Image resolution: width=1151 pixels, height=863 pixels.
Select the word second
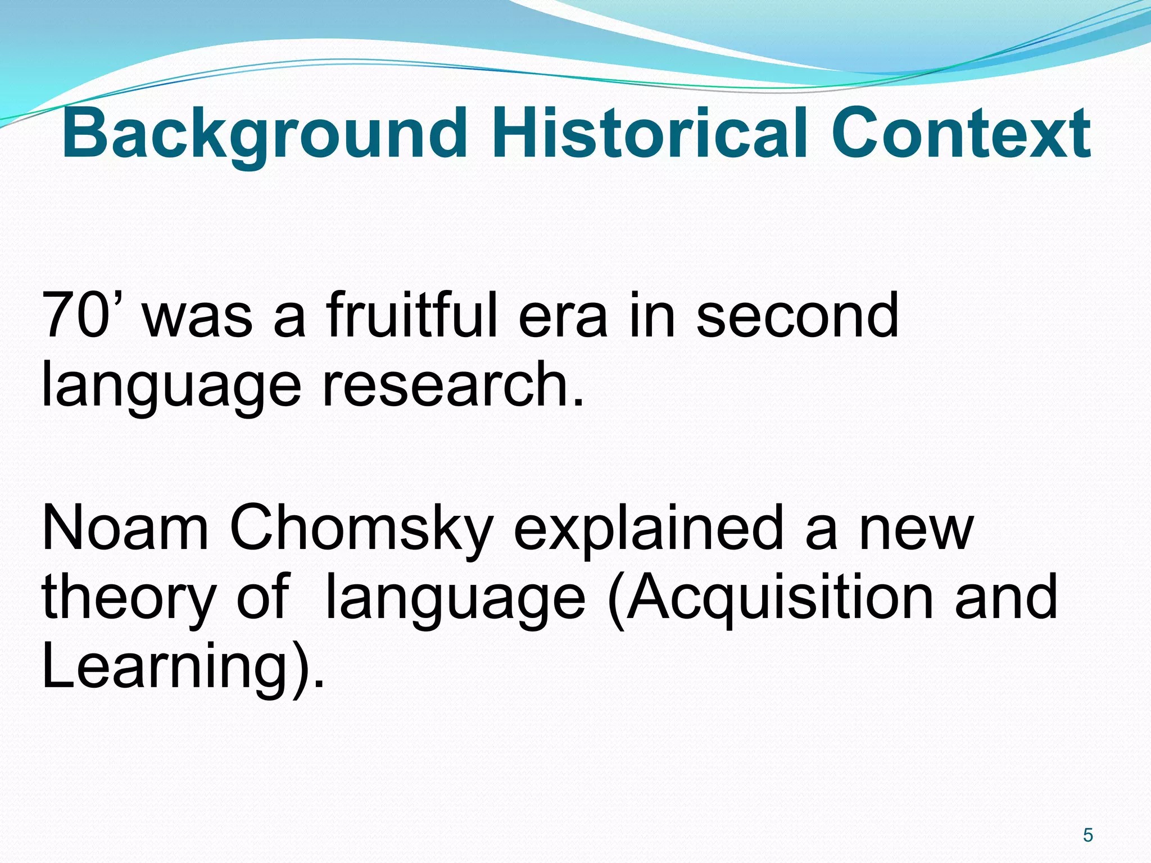click(x=797, y=316)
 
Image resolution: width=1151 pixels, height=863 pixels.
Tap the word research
click(x=452, y=385)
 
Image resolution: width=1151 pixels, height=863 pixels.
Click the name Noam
click(x=125, y=528)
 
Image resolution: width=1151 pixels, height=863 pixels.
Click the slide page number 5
click(x=1088, y=835)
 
